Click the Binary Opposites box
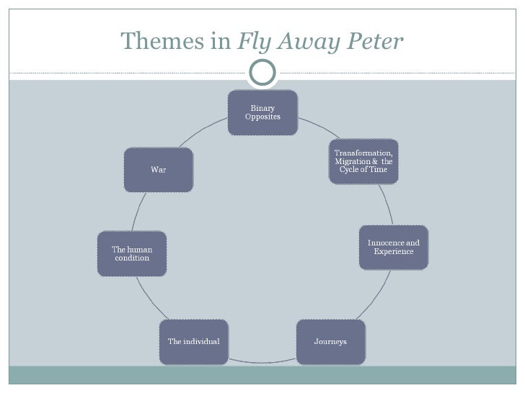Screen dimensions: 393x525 pyautogui.click(x=262, y=113)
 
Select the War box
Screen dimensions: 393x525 pyautogui.click(x=159, y=170)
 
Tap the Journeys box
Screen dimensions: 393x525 pyautogui.click(x=330, y=340)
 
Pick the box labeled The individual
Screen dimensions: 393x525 pyautogui.click(x=193, y=340)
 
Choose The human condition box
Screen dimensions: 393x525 pyautogui.click(x=132, y=253)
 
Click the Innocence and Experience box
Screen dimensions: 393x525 pyautogui.click(x=394, y=248)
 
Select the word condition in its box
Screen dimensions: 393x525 pyautogui.click(x=132, y=258)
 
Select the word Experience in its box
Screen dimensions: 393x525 pyautogui.click(x=394, y=252)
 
